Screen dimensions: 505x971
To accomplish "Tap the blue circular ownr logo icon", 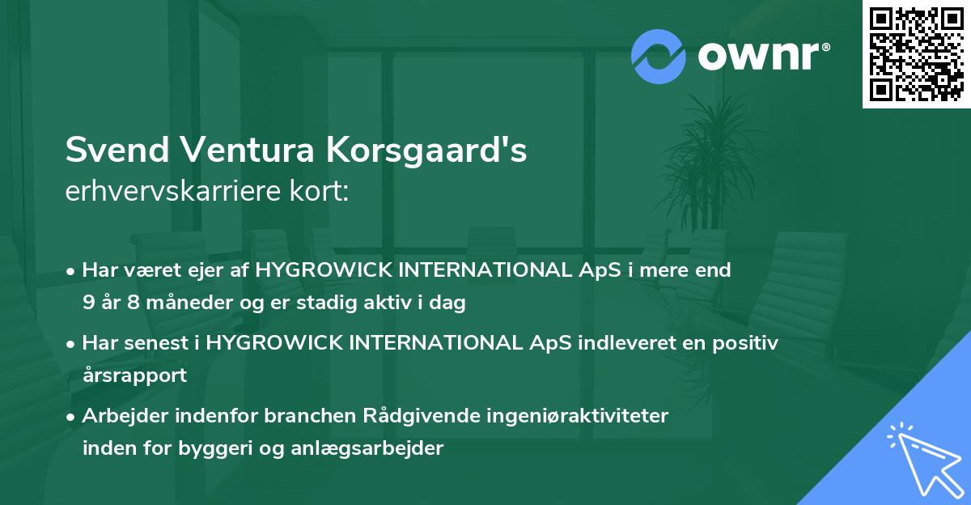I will tap(658, 57).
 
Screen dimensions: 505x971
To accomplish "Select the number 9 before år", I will tap(88, 303).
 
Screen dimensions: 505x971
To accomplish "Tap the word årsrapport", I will tap(134, 375).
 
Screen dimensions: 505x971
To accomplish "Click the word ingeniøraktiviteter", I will tap(575, 416).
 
